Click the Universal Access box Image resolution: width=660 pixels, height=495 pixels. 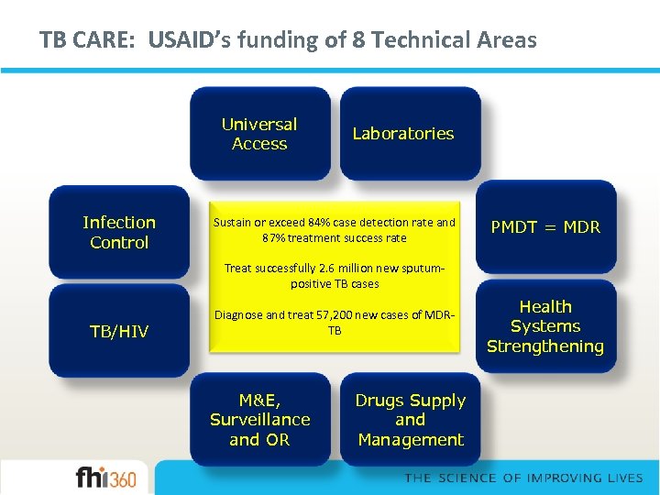(259, 134)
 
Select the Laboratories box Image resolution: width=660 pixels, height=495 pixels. (403, 134)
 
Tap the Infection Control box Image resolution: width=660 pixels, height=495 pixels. (119, 232)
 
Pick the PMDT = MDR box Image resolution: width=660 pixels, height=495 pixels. (545, 227)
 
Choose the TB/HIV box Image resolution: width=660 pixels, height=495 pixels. (119, 331)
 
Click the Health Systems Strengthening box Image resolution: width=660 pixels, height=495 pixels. (545, 326)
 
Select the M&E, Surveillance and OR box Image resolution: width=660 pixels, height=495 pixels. (259, 420)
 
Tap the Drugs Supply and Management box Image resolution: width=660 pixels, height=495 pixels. (410, 420)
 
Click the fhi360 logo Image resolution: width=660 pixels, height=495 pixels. (106, 478)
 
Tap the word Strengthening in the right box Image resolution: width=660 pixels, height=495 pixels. (545, 346)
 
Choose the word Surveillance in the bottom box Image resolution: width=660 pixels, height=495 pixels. (259, 420)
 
